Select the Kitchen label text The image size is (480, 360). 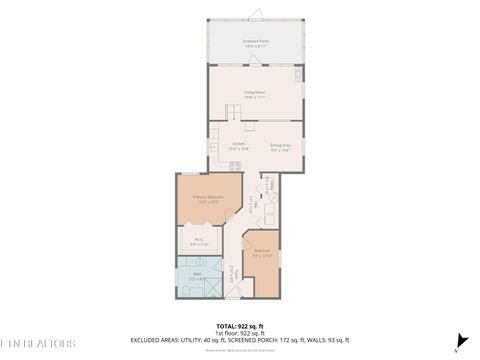238,146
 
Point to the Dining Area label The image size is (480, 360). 280,146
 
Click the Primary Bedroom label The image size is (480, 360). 208,198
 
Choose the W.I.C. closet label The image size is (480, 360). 199,240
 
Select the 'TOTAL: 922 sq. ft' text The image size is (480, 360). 240,327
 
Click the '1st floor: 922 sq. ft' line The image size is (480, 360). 240,334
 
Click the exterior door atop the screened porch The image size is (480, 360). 256,14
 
